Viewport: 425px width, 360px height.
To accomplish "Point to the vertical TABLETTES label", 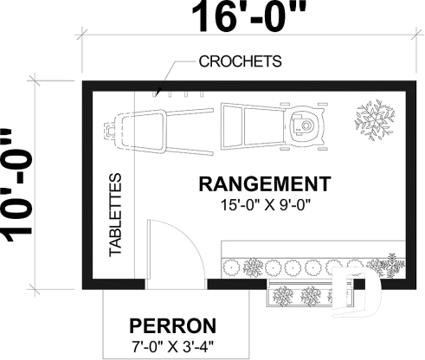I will coord(115,215).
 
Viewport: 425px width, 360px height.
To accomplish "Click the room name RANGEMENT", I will coord(264,184).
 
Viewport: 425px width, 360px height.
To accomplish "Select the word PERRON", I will coord(172,326).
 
